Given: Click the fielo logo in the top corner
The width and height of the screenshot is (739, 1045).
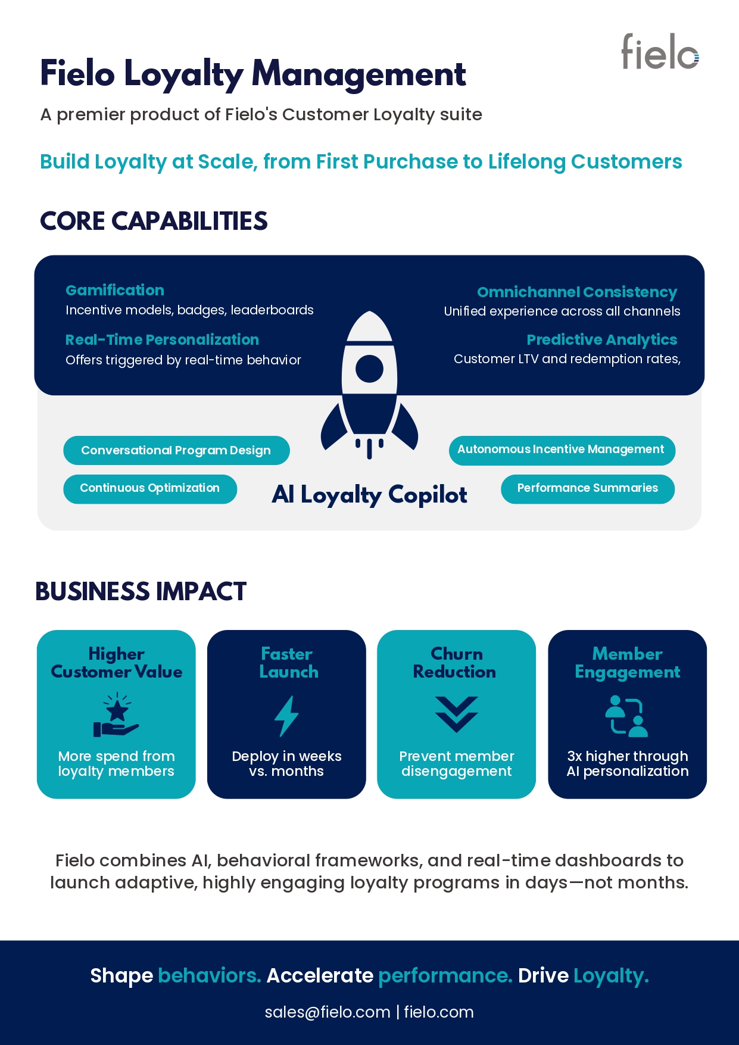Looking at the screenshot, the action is (x=660, y=51).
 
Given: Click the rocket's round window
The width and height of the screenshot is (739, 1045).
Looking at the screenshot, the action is (x=369, y=369).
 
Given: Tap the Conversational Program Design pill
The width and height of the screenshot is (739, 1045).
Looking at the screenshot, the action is (x=176, y=450).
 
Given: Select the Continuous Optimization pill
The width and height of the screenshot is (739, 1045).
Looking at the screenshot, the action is (x=150, y=489).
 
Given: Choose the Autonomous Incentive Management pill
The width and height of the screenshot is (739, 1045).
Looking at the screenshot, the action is (x=562, y=450).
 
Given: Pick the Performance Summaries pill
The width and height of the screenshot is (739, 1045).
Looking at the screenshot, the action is (x=588, y=489).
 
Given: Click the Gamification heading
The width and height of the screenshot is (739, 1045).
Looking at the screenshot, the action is (x=115, y=290).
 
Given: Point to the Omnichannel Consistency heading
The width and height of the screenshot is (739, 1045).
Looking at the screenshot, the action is (x=577, y=292).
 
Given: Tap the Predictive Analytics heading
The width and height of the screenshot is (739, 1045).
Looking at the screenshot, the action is (x=602, y=340).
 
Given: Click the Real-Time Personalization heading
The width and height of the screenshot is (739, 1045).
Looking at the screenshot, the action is (x=162, y=340).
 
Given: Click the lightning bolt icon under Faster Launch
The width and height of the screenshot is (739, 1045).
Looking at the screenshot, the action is (x=286, y=716).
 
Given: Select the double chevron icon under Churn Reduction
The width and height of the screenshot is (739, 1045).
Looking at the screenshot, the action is (x=456, y=714).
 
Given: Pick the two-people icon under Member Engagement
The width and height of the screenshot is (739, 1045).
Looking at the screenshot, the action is (x=627, y=716).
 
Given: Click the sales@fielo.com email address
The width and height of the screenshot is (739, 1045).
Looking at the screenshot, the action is (x=328, y=1012).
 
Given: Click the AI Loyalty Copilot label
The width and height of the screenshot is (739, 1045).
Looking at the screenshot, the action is (x=369, y=495).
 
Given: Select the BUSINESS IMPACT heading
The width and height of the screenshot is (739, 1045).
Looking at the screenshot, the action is (x=141, y=592).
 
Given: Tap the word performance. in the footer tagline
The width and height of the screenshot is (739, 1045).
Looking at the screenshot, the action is (x=445, y=976).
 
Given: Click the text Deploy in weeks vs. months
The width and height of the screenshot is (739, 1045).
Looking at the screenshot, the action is (x=286, y=764).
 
